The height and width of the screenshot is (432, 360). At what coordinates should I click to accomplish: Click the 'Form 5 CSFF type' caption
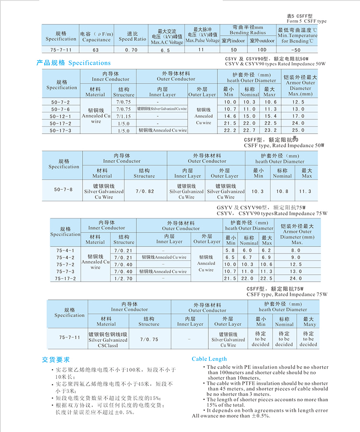(306, 21)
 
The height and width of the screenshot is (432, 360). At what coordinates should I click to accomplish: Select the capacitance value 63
(95, 50)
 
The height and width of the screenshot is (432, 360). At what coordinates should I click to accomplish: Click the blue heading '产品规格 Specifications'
(73, 63)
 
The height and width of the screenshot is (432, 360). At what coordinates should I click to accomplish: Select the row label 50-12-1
(60, 116)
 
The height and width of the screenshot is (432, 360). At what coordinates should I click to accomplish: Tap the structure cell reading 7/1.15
(123, 116)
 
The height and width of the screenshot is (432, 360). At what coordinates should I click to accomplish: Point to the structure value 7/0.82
(144, 191)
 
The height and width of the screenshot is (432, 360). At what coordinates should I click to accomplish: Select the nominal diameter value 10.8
(282, 191)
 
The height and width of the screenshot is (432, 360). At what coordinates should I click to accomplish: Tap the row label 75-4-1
(65, 250)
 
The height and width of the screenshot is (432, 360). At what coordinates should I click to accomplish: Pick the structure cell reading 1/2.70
(123, 278)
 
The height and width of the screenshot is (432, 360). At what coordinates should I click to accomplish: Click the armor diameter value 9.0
(296, 258)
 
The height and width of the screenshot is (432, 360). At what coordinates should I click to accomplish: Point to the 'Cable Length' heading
(209, 359)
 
